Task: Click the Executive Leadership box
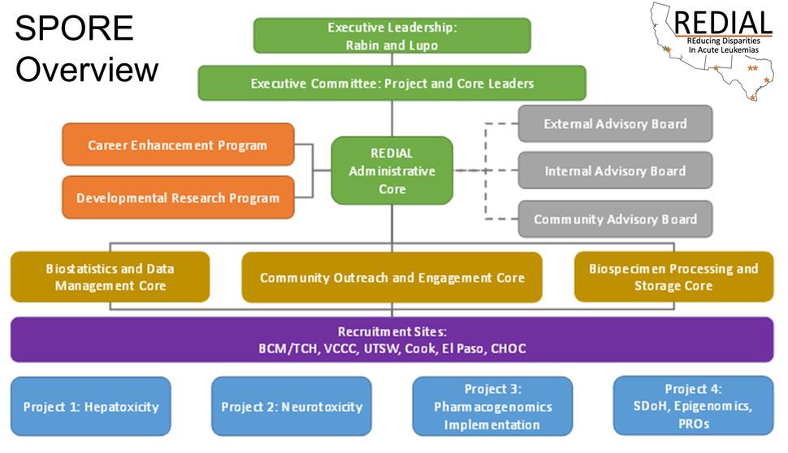[392, 36]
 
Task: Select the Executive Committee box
[392, 83]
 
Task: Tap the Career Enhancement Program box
[177, 145]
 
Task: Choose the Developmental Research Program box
[177, 197]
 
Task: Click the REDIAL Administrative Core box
[392, 170]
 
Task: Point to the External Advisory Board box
[615, 124]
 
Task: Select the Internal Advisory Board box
[615, 171]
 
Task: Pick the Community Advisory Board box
[615, 219]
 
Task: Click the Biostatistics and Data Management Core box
[110, 277]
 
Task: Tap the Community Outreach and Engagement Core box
[392, 278]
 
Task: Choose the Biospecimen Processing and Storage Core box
[673, 277]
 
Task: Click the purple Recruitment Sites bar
[392, 339]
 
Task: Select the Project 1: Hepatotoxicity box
[91, 406]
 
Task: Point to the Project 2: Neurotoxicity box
[292, 406]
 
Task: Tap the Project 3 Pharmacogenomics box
[492, 406]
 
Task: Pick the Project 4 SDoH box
[693, 405]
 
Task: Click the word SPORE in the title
[75, 30]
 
